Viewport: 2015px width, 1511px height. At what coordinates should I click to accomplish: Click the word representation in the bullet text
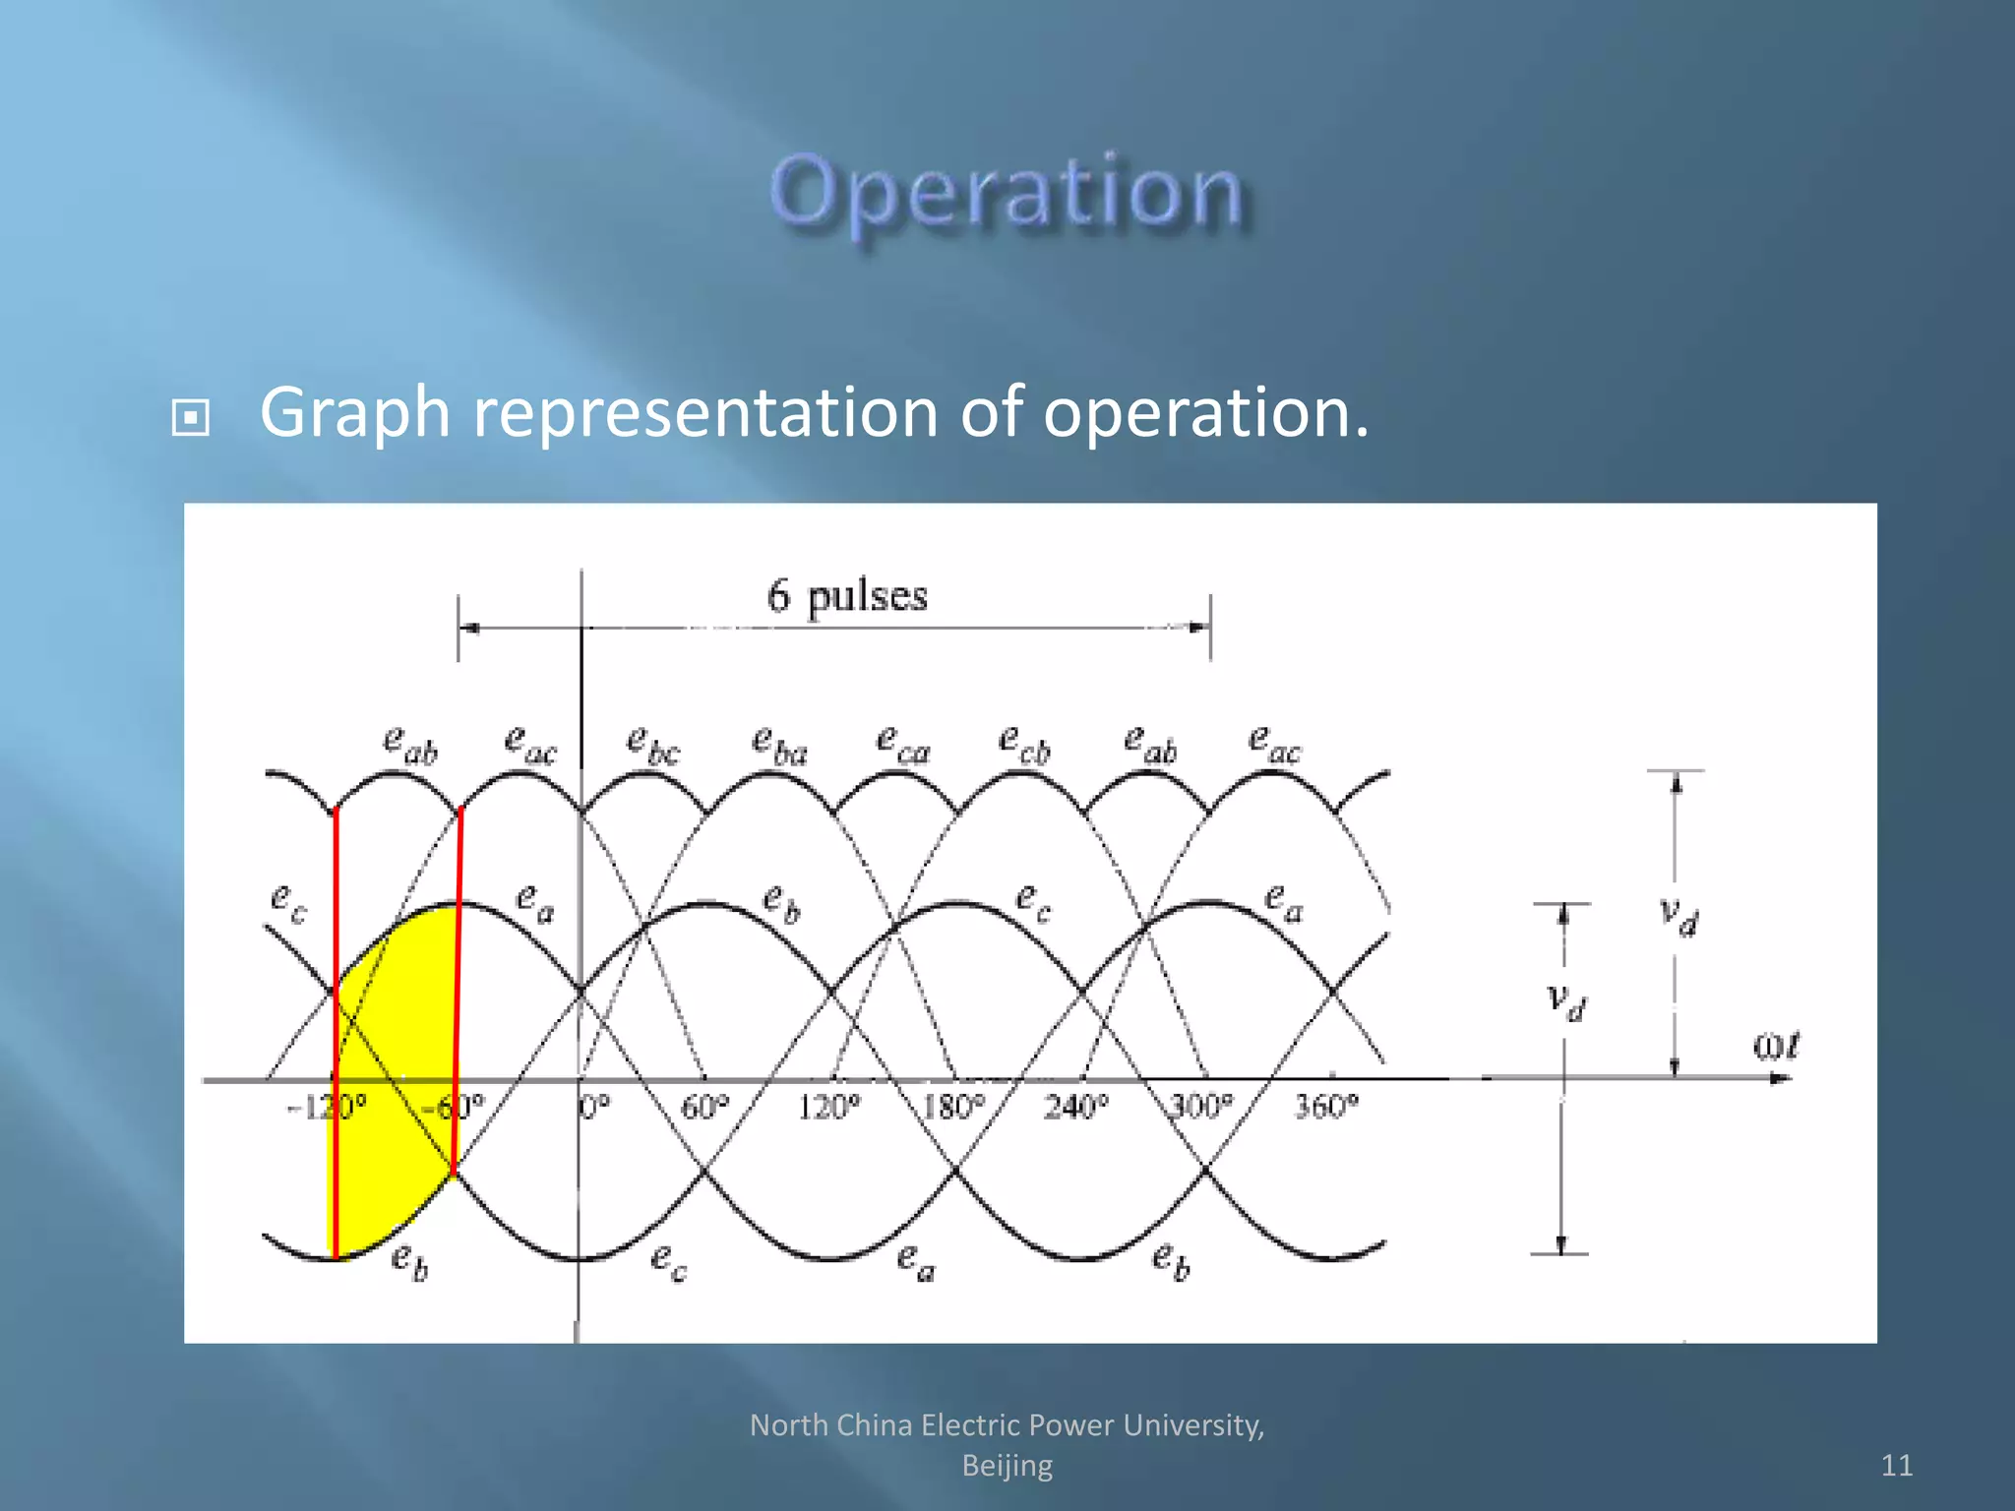click(x=704, y=412)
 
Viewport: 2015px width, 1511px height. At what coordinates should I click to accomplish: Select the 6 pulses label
click(x=846, y=596)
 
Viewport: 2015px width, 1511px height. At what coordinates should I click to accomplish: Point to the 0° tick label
click(x=594, y=1108)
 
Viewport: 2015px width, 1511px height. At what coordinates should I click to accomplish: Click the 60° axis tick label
click(x=704, y=1108)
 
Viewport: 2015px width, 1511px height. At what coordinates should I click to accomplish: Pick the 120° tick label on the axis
click(x=827, y=1108)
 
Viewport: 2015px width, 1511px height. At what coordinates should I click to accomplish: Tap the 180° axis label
click(x=952, y=1108)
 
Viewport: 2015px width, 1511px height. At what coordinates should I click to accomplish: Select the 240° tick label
click(x=1075, y=1108)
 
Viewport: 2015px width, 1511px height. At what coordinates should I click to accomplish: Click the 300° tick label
click(x=1200, y=1108)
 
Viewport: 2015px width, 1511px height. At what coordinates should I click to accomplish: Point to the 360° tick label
click(x=1325, y=1108)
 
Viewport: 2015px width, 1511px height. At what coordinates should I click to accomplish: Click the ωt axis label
click(x=1776, y=1046)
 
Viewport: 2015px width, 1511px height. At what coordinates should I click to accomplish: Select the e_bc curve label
click(x=652, y=745)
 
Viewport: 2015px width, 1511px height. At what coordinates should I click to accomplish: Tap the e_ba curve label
click(x=778, y=745)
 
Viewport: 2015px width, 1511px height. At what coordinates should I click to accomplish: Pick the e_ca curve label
click(x=902, y=745)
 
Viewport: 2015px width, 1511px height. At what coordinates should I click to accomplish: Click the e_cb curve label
click(x=1024, y=745)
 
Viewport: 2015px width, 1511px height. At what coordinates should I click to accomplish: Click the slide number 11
click(x=1896, y=1466)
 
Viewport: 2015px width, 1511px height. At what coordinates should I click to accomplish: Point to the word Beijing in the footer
click(x=1007, y=1466)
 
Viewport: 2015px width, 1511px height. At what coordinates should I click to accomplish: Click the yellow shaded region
click(x=394, y=1082)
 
